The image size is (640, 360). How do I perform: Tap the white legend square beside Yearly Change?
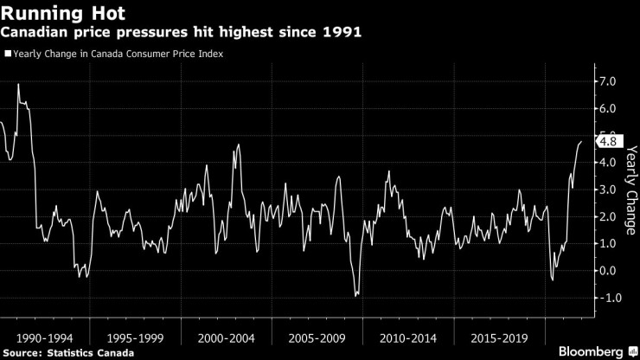click(7, 54)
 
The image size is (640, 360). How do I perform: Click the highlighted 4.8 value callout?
click(607, 142)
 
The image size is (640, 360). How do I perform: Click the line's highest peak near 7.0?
click(18, 84)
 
